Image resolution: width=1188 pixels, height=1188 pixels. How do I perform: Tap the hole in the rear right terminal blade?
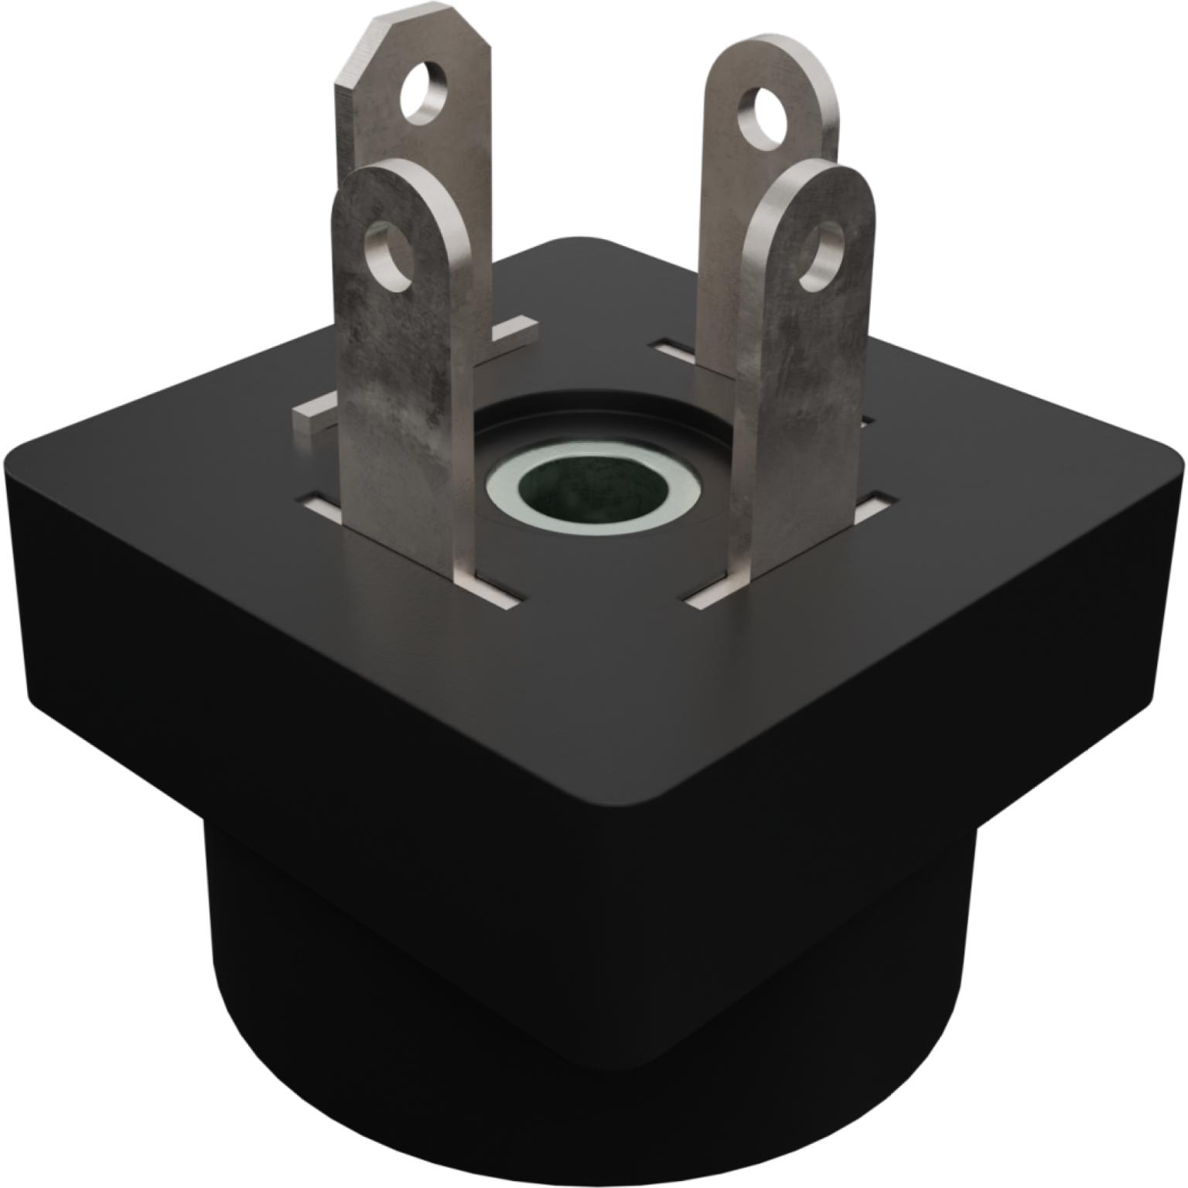coord(764,117)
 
